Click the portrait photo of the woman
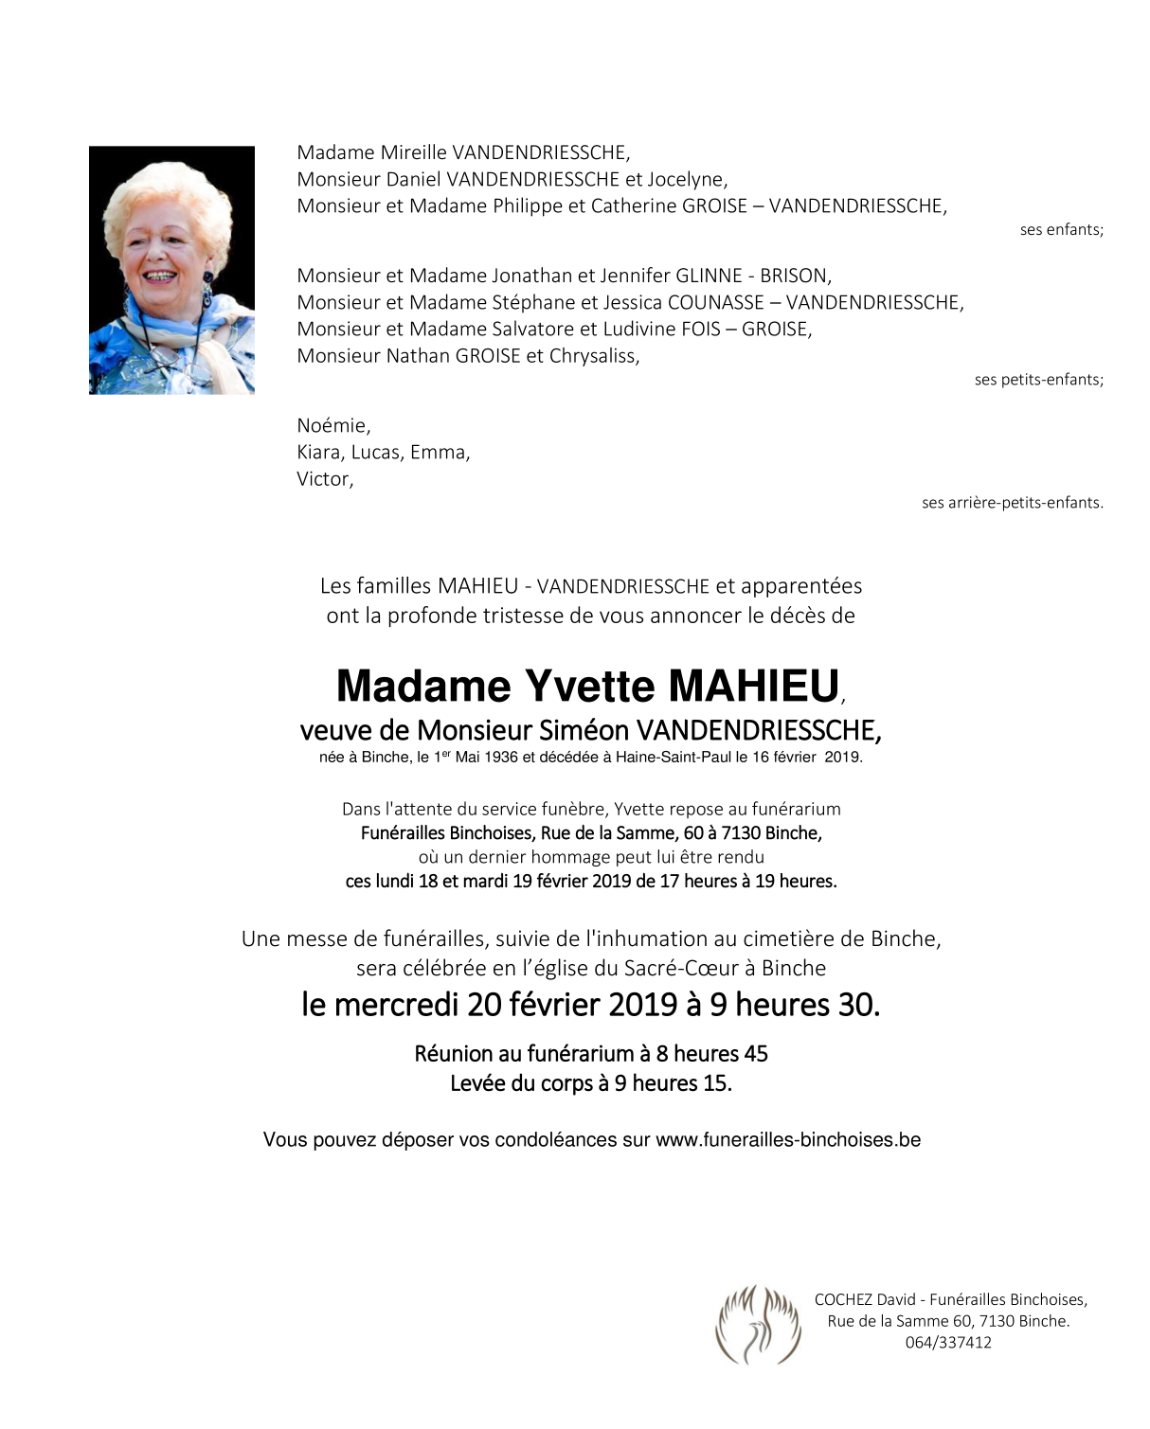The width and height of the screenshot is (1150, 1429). pyautogui.click(x=171, y=270)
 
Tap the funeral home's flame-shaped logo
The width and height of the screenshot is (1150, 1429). pyautogui.click(x=758, y=1323)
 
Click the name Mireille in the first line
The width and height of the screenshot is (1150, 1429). pyautogui.click(x=414, y=152)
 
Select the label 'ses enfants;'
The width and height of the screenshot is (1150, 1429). pyautogui.click(x=1061, y=230)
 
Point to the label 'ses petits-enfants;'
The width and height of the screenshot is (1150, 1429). pyautogui.click(x=1038, y=380)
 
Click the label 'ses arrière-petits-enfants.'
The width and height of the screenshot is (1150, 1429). pyautogui.click(x=1012, y=503)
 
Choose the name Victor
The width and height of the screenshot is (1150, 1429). pyautogui.click(x=324, y=479)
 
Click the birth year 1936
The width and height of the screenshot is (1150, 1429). pyautogui.click(x=501, y=758)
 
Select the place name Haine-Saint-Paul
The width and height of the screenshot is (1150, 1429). pyautogui.click(x=674, y=758)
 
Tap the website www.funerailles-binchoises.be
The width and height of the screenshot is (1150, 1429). pyautogui.click(x=787, y=1140)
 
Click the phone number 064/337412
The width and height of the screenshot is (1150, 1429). pyautogui.click(x=948, y=1342)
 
